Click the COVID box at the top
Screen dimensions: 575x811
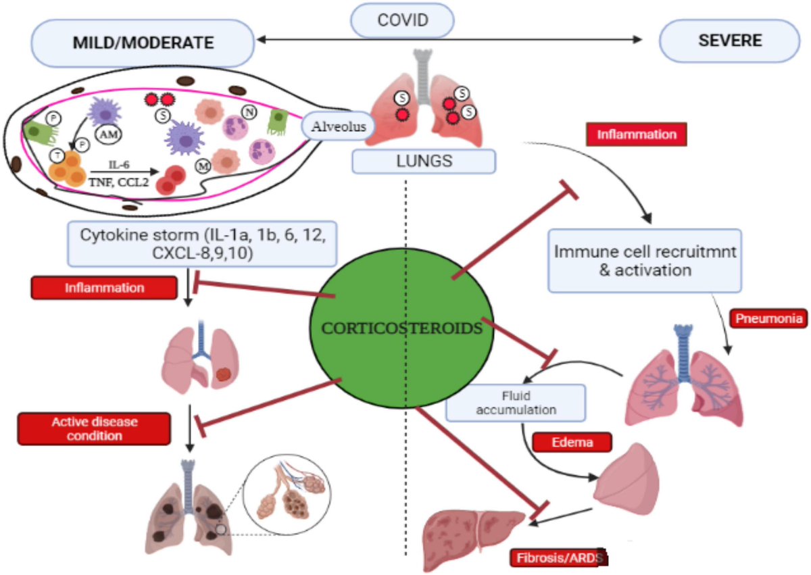point(402,20)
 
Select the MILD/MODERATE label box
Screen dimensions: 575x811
point(143,42)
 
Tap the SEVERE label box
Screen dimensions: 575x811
point(730,41)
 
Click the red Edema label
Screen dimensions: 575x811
point(572,443)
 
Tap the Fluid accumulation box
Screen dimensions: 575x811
point(515,403)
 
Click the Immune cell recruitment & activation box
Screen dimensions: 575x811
point(644,261)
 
